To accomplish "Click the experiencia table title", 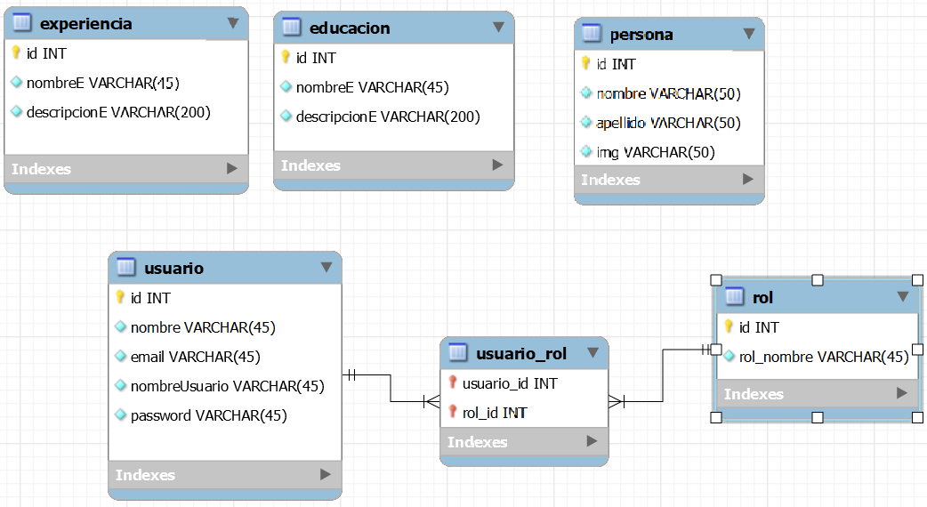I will (86, 24).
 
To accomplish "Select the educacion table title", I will (350, 28).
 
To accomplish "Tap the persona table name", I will (641, 35).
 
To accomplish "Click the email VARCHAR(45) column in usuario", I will (195, 357).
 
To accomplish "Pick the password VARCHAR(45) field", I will (208, 415).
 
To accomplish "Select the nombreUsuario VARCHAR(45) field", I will (227, 386).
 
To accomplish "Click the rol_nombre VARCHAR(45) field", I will (824, 357).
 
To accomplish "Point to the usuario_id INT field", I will (510, 382).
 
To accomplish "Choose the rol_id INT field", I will (495, 412).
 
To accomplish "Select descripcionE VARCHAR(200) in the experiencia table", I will (118, 112).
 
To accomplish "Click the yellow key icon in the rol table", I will (729, 326).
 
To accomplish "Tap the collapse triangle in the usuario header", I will (326, 267).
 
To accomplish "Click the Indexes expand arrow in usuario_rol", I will (592, 441).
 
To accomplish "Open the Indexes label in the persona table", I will (610, 180).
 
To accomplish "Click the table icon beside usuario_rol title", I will (457, 353).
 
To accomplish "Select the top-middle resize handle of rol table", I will (818, 280).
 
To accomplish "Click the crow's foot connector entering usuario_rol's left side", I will (431, 401).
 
